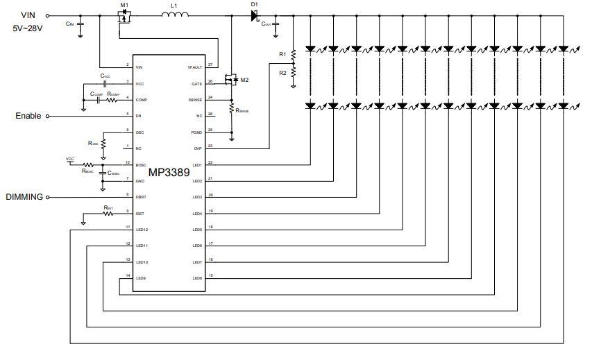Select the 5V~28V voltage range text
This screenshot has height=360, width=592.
click(28, 28)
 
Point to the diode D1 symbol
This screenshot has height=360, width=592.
click(254, 15)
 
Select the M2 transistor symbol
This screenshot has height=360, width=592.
click(233, 81)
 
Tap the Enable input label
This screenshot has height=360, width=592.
click(28, 116)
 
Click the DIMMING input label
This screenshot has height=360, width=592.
click(24, 197)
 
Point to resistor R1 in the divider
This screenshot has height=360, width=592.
click(293, 54)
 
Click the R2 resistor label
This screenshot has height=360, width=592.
click(282, 72)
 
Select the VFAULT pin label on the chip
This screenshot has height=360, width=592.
click(195, 67)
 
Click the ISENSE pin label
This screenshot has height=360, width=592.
click(195, 99)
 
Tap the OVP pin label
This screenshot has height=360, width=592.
click(198, 148)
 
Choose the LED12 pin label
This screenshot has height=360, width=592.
click(142, 229)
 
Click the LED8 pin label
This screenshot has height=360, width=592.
click(197, 278)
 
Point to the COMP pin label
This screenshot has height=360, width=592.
click(140, 99)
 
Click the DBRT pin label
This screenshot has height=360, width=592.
click(140, 197)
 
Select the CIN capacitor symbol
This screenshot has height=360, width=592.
click(81, 24)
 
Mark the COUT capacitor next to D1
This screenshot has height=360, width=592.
click(276, 24)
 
